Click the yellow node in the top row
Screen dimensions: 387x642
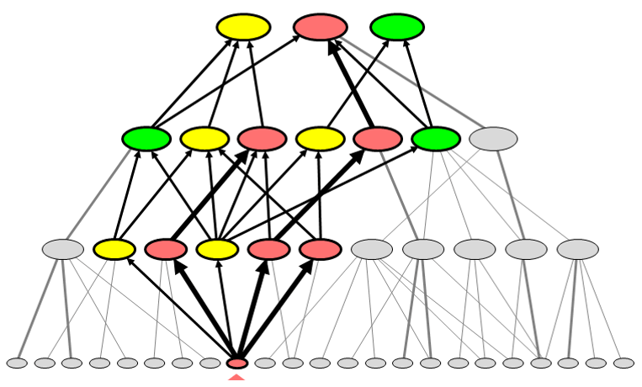[x=243, y=27]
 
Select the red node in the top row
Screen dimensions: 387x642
[x=321, y=27]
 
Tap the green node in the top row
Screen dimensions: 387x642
[x=397, y=27]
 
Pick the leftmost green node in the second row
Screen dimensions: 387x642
[x=146, y=139]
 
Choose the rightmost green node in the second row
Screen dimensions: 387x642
[x=436, y=139]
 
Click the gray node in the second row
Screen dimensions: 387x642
[x=493, y=139]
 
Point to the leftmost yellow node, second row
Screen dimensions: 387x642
[x=204, y=139]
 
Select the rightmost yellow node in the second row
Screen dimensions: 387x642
[x=321, y=139]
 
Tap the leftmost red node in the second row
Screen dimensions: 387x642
[x=263, y=139]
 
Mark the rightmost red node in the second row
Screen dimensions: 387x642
[x=378, y=139]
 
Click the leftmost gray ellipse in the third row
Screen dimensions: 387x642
[x=63, y=249]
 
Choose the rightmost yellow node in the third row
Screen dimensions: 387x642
[x=217, y=249]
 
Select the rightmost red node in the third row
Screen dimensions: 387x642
[x=320, y=249]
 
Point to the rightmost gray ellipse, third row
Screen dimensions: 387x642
[x=577, y=249]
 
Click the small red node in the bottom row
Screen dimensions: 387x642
[x=237, y=363]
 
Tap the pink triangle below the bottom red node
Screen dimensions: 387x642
[x=237, y=381]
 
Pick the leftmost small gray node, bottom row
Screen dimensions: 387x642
[x=17, y=363]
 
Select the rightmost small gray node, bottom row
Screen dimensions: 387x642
[x=623, y=363]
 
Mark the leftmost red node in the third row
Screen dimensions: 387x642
[x=166, y=249]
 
